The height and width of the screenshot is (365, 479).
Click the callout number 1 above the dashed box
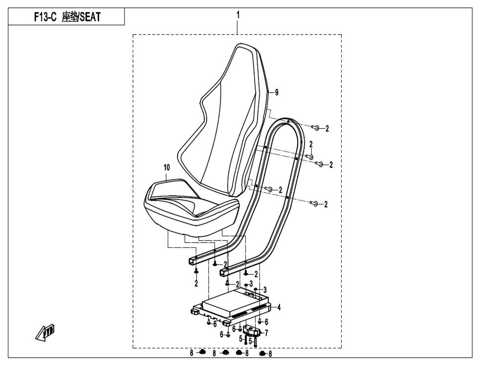click(x=238, y=15)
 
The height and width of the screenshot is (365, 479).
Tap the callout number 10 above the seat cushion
click(x=167, y=167)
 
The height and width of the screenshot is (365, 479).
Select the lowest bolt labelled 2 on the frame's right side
click(x=315, y=203)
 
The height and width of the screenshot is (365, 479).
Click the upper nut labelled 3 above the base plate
click(x=246, y=284)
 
